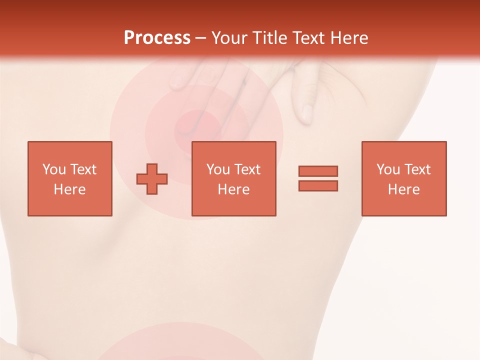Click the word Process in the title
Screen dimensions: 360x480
coord(157,38)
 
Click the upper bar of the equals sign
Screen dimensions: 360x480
coord(318,171)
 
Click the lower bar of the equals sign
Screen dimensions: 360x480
coord(318,186)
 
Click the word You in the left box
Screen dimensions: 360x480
coord(54,169)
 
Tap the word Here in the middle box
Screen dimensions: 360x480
coord(233,189)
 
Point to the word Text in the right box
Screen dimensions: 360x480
coord(418,169)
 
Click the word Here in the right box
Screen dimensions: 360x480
coord(403,189)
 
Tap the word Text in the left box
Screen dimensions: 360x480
coord(83,169)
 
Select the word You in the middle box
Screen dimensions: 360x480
coord(218,169)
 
